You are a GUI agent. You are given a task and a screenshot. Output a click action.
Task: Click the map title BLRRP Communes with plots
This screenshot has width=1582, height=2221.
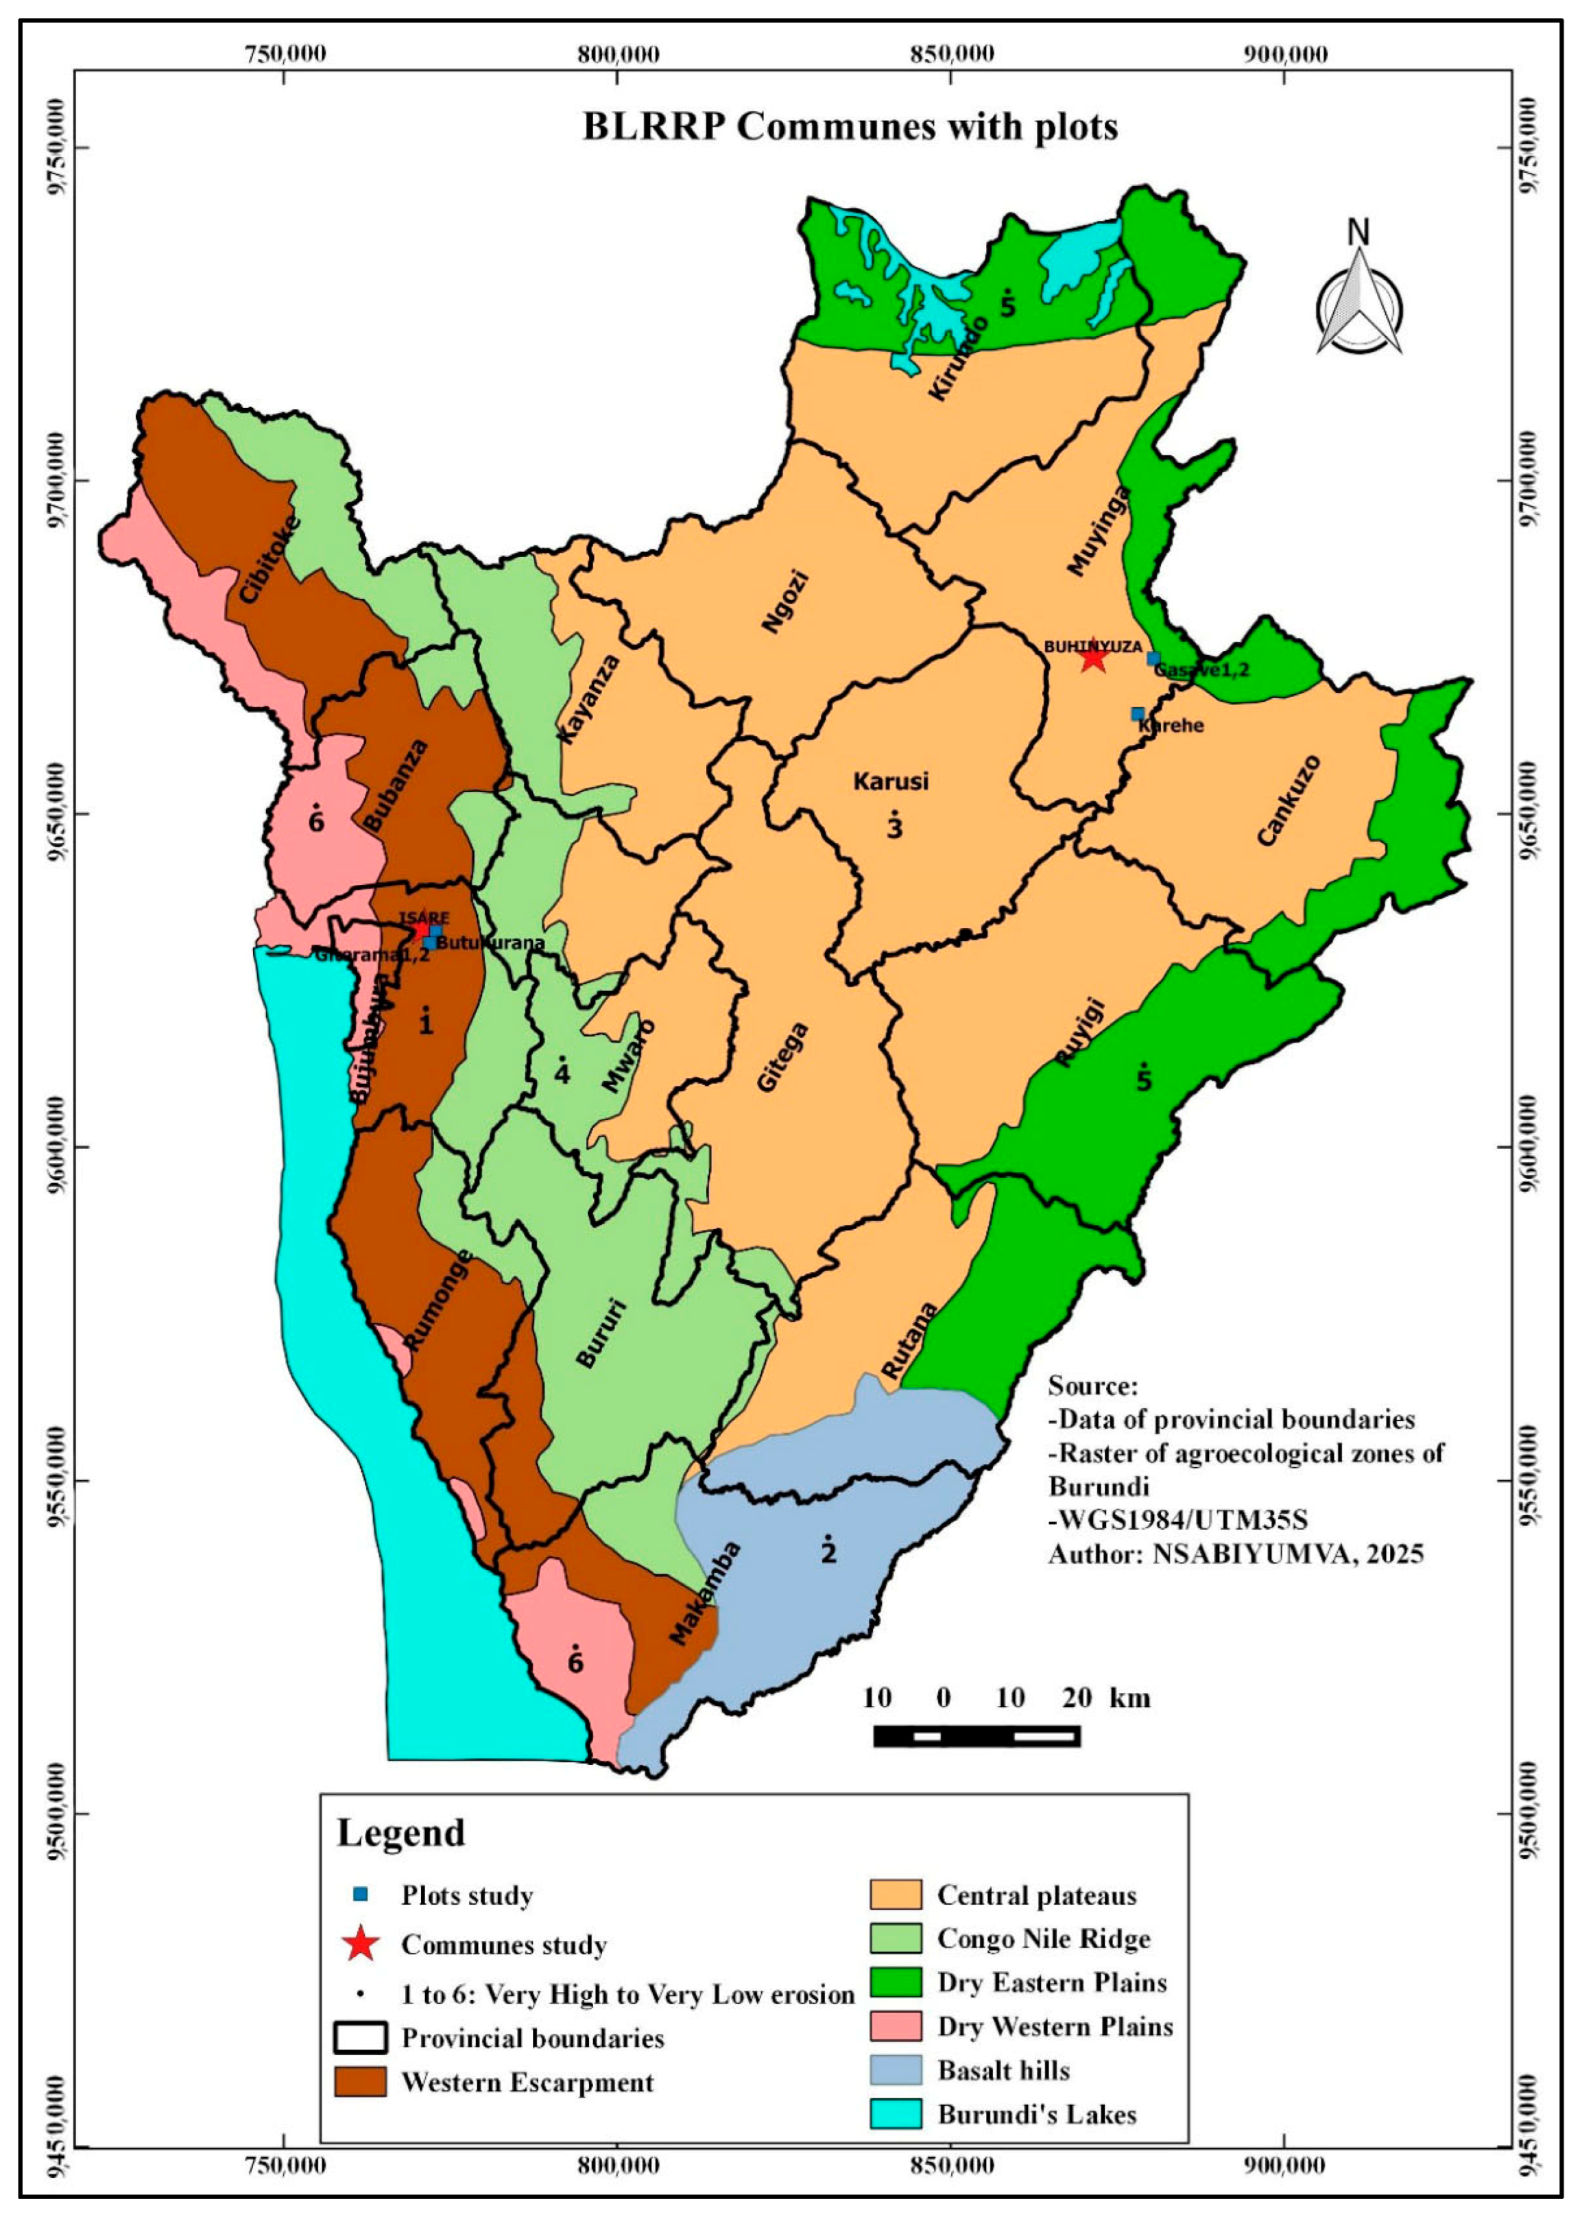[x=850, y=128]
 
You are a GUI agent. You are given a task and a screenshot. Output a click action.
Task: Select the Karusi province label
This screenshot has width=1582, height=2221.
[x=890, y=781]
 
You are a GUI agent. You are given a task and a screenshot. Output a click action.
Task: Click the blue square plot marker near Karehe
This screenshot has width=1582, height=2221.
[x=1137, y=714]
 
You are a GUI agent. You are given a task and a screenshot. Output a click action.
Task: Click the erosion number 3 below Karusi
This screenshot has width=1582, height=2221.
[x=894, y=828]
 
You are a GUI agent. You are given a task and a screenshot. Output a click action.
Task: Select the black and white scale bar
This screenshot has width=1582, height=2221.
[x=976, y=1736]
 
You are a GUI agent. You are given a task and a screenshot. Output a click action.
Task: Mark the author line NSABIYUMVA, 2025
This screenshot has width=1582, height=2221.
[x=1235, y=1553]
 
